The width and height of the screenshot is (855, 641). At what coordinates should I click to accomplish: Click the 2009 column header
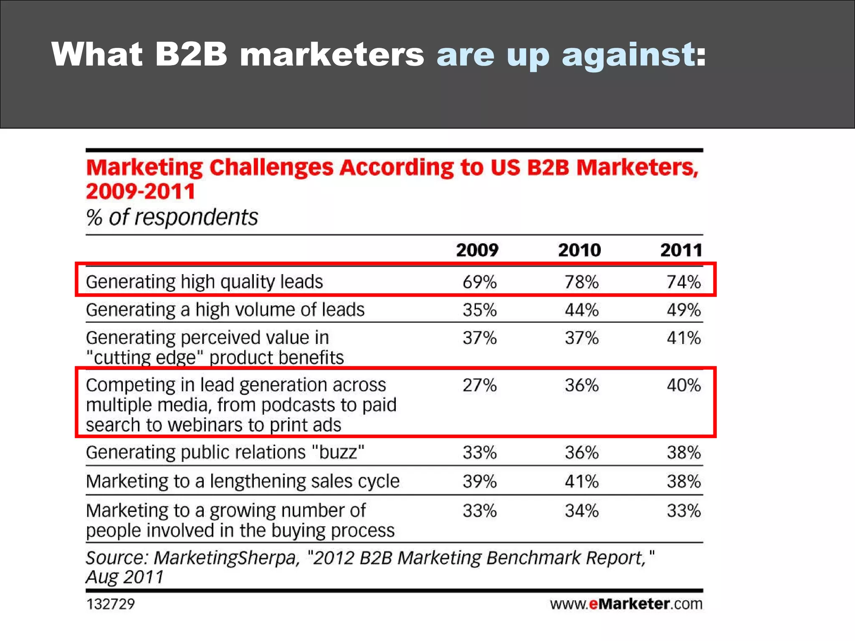(x=477, y=250)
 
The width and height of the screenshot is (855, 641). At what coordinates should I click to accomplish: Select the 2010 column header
(x=579, y=250)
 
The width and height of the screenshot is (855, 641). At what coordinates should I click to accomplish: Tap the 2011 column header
(x=681, y=250)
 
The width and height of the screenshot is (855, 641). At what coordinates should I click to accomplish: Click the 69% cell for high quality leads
(x=480, y=282)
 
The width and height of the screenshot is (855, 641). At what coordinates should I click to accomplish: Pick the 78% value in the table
(x=582, y=282)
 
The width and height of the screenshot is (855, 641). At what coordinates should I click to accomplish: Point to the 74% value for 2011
(x=683, y=282)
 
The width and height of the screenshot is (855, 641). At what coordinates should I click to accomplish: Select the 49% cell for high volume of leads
(x=683, y=310)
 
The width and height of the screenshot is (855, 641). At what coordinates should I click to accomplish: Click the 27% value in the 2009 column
(x=480, y=385)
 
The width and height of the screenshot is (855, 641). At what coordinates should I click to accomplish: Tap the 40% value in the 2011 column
(x=683, y=385)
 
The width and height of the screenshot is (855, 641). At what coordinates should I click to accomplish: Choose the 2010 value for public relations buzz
(x=582, y=453)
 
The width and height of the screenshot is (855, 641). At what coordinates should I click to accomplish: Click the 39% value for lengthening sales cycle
(x=480, y=482)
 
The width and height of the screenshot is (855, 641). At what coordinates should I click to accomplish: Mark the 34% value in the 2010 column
(x=582, y=511)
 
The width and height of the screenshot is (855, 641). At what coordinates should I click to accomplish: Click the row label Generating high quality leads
(x=204, y=282)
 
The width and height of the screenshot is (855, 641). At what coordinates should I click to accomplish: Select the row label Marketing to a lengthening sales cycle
(x=243, y=482)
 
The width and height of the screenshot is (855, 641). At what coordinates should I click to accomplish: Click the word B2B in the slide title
(x=191, y=54)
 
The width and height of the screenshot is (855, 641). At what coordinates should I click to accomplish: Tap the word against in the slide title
(x=628, y=54)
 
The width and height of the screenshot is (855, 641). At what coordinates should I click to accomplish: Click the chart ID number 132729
(x=110, y=604)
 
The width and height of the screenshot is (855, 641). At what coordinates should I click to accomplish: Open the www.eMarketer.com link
(x=626, y=604)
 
